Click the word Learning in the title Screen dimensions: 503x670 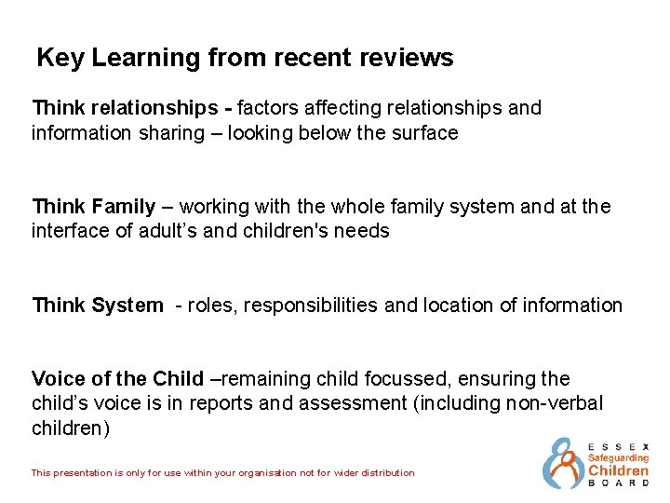tap(134, 59)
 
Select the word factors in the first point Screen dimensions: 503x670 tap(272, 108)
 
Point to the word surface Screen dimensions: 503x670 tap(424, 133)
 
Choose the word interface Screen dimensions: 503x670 tap(69, 231)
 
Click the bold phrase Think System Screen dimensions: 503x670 tap(97, 306)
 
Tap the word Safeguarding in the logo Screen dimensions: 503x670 tap(618, 458)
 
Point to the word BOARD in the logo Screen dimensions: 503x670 tap(618, 483)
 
